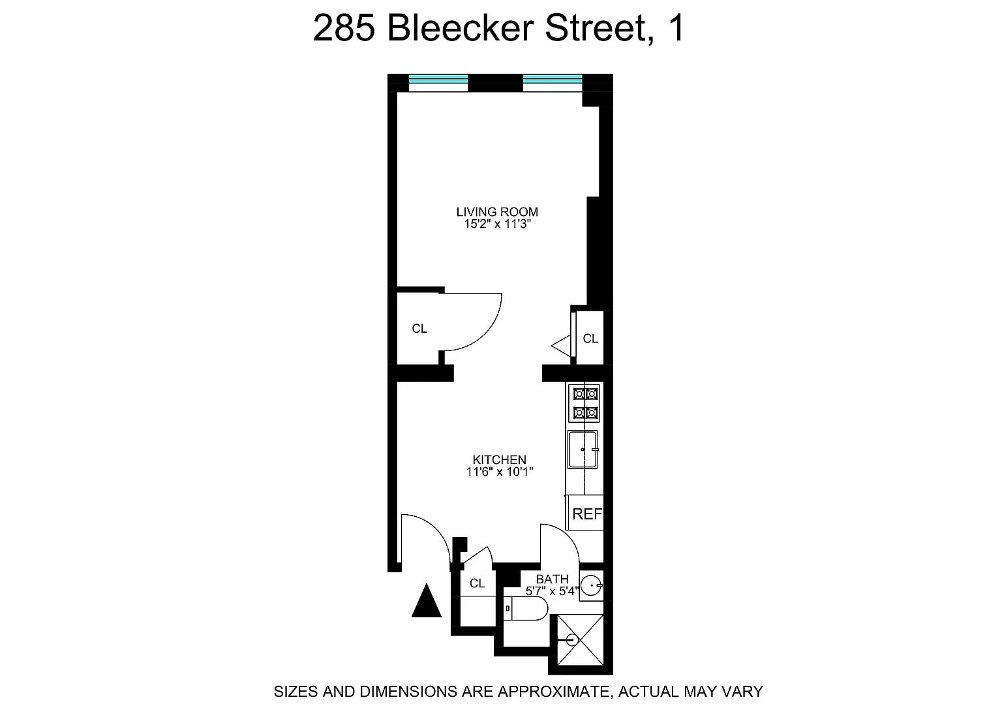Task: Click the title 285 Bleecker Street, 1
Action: click(x=499, y=29)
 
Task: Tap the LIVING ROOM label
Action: click(x=497, y=211)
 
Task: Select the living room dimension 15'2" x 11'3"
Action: click(x=497, y=224)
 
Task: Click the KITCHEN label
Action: click(x=500, y=459)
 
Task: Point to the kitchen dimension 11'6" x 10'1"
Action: click(x=500, y=472)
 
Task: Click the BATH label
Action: click(x=552, y=579)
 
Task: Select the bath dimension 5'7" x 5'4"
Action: click(x=552, y=592)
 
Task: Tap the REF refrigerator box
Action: click(x=586, y=514)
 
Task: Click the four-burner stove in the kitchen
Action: click(x=584, y=403)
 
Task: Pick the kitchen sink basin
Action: click(x=583, y=449)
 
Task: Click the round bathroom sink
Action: click(x=591, y=586)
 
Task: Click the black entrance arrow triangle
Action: click(x=427, y=601)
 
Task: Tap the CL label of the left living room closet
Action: click(x=419, y=329)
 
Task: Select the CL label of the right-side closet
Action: click(x=590, y=339)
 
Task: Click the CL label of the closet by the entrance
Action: click(x=478, y=583)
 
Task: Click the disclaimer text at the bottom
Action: click(x=518, y=691)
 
